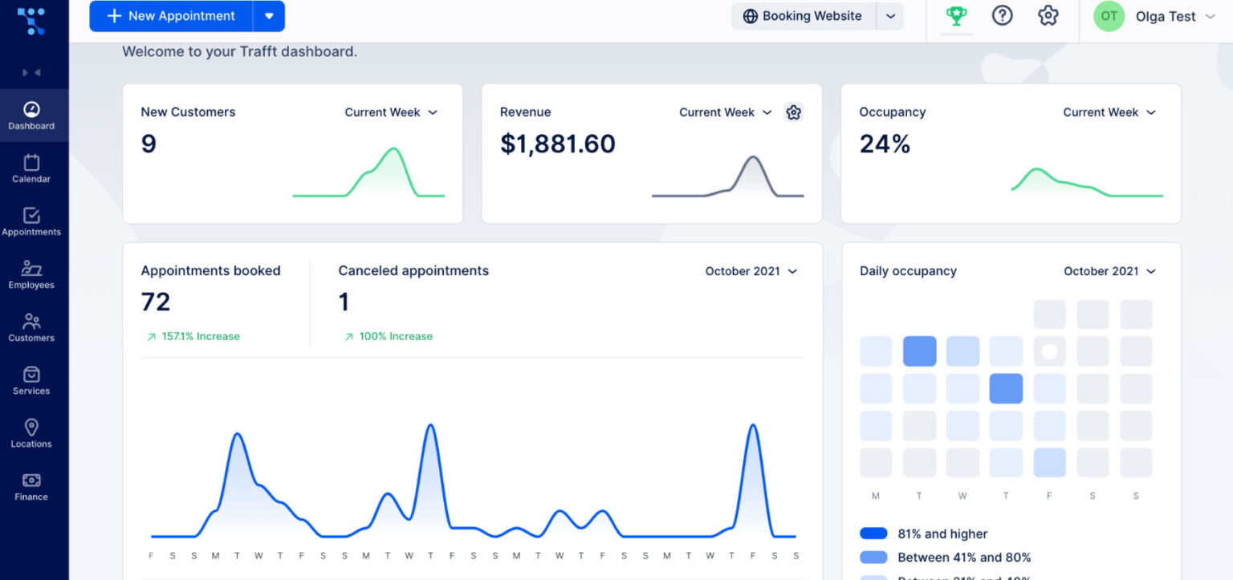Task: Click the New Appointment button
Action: coord(171,16)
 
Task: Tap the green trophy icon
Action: coord(956,15)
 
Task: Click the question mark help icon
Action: coord(1002,15)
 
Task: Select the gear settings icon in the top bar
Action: coord(1048,15)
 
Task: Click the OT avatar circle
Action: coord(1109,16)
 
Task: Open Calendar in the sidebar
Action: coord(31,168)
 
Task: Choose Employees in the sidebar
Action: coord(31,274)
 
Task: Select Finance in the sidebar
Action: coord(31,486)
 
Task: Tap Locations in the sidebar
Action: coord(31,433)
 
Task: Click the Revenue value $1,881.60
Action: coord(557,144)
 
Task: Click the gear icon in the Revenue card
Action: coord(793,112)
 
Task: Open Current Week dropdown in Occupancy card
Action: coord(1109,112)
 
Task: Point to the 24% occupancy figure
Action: coord(885,144)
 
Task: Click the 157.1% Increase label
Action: coord(200,336)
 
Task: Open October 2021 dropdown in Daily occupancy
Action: coord(1109,271)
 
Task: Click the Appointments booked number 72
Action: coord(156,302)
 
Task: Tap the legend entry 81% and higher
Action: coord(942,533)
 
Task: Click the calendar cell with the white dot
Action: coord(1049,351)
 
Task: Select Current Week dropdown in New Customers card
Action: coord(390,112)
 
